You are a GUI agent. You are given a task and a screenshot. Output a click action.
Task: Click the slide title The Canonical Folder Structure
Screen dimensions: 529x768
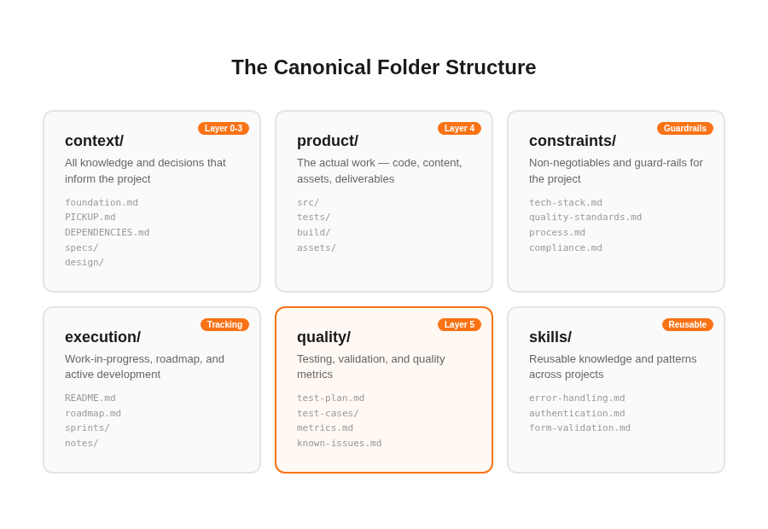(x=384, y=67)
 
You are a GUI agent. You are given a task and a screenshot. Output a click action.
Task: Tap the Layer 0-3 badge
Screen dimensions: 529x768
(x=224, y=129)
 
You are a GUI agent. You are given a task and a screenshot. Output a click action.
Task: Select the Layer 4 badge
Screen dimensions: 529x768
(x=459, y=129)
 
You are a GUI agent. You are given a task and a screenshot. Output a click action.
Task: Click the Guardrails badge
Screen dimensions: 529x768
(x=685, y=129)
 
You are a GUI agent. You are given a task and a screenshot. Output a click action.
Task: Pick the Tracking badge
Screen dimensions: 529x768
(x=224, y=325)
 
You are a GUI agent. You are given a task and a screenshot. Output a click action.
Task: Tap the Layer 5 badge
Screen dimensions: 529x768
(x=459, y=325)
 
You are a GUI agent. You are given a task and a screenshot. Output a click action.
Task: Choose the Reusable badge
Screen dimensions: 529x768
(x=688, y=325)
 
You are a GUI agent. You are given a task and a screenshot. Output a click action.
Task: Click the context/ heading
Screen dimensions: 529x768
(x=94, y=141)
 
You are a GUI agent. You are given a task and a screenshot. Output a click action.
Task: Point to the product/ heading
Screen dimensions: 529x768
(x=328, y=141)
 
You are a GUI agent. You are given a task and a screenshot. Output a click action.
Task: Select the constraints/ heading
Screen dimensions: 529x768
(x=573, y=141)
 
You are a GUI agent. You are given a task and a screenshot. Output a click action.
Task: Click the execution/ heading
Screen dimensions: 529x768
(x=102, y=337)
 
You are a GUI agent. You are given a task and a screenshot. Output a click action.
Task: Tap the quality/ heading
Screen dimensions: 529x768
(x=323, y=337)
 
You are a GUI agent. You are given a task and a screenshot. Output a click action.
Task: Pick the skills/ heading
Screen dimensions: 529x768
(x=550, y=337)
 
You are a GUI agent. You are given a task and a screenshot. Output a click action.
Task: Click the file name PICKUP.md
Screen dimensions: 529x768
(x=90, y=218)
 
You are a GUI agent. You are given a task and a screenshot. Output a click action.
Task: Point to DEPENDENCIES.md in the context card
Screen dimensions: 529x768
(x=107, y=233)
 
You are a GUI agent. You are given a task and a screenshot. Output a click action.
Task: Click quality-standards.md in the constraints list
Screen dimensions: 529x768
(x=585, y=218)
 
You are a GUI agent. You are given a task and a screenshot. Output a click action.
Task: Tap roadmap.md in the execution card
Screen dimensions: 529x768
(x=93, y=414)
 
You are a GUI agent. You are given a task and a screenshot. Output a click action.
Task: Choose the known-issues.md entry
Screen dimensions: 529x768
(x=339, y=444)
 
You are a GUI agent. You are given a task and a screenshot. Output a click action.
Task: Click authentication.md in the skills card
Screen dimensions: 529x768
(x=577, y=414)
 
